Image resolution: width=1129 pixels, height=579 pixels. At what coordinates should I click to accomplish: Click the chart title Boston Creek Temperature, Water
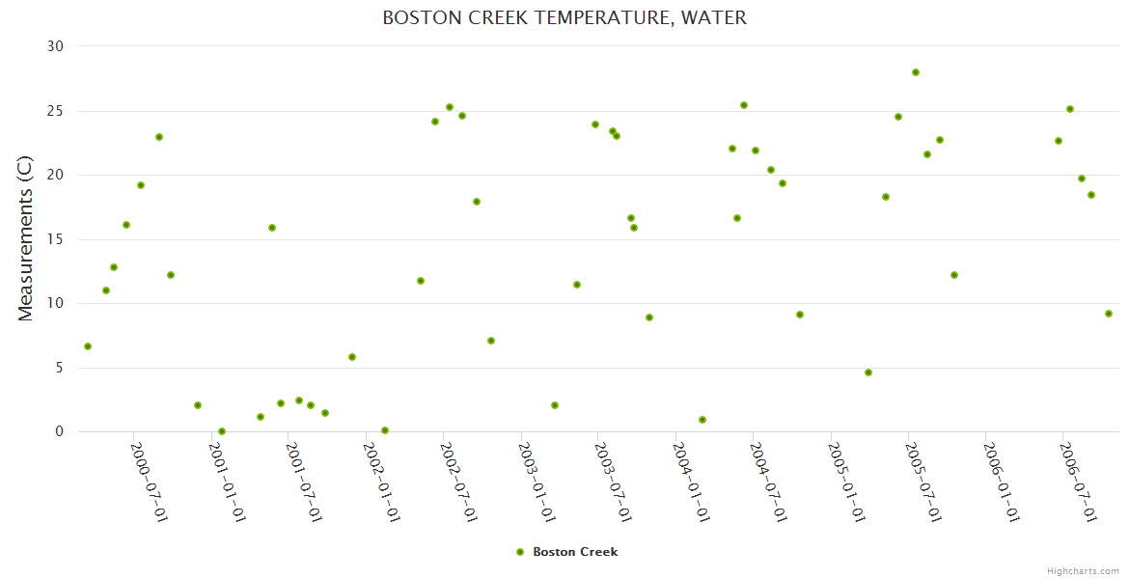point(564,17)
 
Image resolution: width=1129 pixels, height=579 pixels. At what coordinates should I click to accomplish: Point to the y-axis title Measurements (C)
point(26,239)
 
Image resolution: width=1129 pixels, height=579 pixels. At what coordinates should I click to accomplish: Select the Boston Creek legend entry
point(575,552)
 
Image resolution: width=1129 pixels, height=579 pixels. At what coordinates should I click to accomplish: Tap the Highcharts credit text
point(1083,570)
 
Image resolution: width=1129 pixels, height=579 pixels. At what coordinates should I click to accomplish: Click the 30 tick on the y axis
point(55,46)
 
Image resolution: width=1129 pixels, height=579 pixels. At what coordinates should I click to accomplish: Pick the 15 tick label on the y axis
point(55,239)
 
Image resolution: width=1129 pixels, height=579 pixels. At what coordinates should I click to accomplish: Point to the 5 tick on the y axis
point(59,368)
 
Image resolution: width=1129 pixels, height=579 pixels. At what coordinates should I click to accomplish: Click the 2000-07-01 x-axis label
point(149,482)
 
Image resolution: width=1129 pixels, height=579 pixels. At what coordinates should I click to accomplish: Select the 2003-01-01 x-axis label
point(536,482)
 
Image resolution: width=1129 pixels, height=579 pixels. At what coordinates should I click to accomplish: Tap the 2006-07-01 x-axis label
point(1077,482)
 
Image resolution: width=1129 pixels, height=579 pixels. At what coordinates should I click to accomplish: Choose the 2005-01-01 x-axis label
point(845,482)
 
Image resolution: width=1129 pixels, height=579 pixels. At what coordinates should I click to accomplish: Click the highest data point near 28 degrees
point(916,72)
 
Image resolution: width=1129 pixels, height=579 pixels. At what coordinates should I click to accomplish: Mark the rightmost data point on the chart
point(1109,314)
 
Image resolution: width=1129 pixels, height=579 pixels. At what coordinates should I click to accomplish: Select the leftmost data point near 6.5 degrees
point(88,346)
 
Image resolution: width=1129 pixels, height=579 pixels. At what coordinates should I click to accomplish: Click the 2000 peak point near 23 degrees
point(159,137)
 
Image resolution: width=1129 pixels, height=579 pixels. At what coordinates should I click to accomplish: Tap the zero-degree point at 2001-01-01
point(222,431)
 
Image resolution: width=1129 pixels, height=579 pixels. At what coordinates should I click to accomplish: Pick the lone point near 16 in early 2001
point(272,228)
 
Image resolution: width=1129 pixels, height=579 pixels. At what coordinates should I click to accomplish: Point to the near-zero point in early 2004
point(702,420)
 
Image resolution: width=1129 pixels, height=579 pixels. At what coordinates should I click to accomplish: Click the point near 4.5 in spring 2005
point(868,372)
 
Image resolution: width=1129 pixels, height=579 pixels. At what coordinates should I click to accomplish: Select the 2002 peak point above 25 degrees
point(450,107)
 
